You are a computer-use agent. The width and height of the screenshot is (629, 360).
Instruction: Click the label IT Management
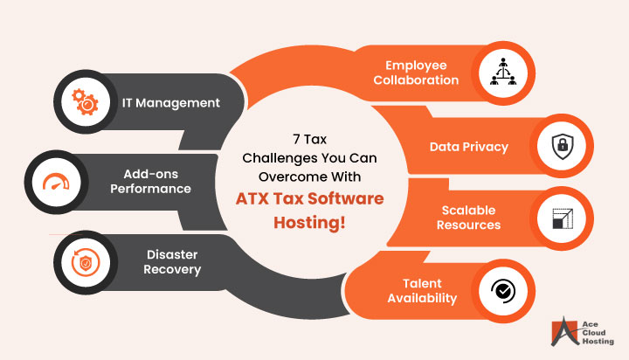tap(171, 103)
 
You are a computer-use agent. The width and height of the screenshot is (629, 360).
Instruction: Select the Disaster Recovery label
tap(173, 262)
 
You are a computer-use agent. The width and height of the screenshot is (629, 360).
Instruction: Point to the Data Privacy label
tap(468, 147)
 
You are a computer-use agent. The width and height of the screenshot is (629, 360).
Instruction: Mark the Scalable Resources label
tap(468, 218)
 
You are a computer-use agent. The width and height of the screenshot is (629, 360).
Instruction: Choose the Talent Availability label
tap(417, 291)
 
